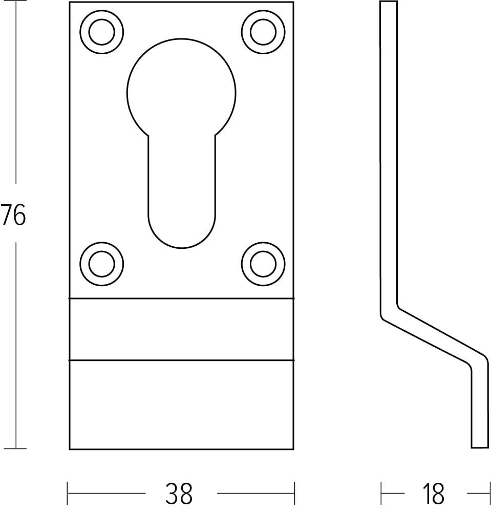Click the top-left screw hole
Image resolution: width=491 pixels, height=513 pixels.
[101, 32]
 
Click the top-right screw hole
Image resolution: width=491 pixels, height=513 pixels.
[263, 32]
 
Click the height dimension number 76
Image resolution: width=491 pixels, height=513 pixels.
[13, 215]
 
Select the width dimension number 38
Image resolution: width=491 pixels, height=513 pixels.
[179, 494]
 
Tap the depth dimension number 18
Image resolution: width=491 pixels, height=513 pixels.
[433, 494]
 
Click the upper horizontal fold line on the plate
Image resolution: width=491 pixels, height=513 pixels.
[182, 298]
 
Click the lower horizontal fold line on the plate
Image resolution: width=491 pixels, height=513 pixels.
[182, 360]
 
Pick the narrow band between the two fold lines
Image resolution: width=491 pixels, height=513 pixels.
[182, 329]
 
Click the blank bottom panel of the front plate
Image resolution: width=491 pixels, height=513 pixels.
[182, 404]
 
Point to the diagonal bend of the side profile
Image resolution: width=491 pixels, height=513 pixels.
[433, 336]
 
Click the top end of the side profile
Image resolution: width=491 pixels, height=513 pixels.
[388, 3]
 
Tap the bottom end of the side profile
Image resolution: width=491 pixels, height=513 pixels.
[479, 447]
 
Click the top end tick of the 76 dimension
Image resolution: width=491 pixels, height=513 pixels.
[16, 2]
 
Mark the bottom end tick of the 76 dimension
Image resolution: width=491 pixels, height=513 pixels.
[16, 449]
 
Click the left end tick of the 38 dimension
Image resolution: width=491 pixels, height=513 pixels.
[68, 494]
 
